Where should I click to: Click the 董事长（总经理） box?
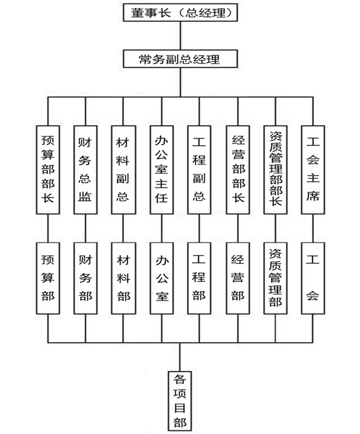(180, 13)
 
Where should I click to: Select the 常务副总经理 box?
(180, 59)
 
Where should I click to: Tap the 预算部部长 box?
(48, 170)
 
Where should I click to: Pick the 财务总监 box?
(86, 170)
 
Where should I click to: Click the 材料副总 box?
(123, 170)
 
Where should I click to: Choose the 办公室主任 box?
(162, 170)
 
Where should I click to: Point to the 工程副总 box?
(199, 170)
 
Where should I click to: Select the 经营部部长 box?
(238, 170)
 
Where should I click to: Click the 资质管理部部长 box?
(276, 170)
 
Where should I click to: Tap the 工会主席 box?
(313, 170)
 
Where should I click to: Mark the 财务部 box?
(86, 278)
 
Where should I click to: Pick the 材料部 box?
(123, 278)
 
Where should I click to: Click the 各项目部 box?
(180, 401)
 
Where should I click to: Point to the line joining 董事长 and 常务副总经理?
(181, 36)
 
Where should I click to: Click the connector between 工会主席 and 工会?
(313, 228)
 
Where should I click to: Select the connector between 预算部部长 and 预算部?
(48, 228)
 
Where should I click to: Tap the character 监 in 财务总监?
(84, 196)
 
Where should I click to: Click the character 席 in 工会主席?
(313, 196)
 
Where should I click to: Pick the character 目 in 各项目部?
(180, 408)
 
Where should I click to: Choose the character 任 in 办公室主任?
(162, 198)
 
